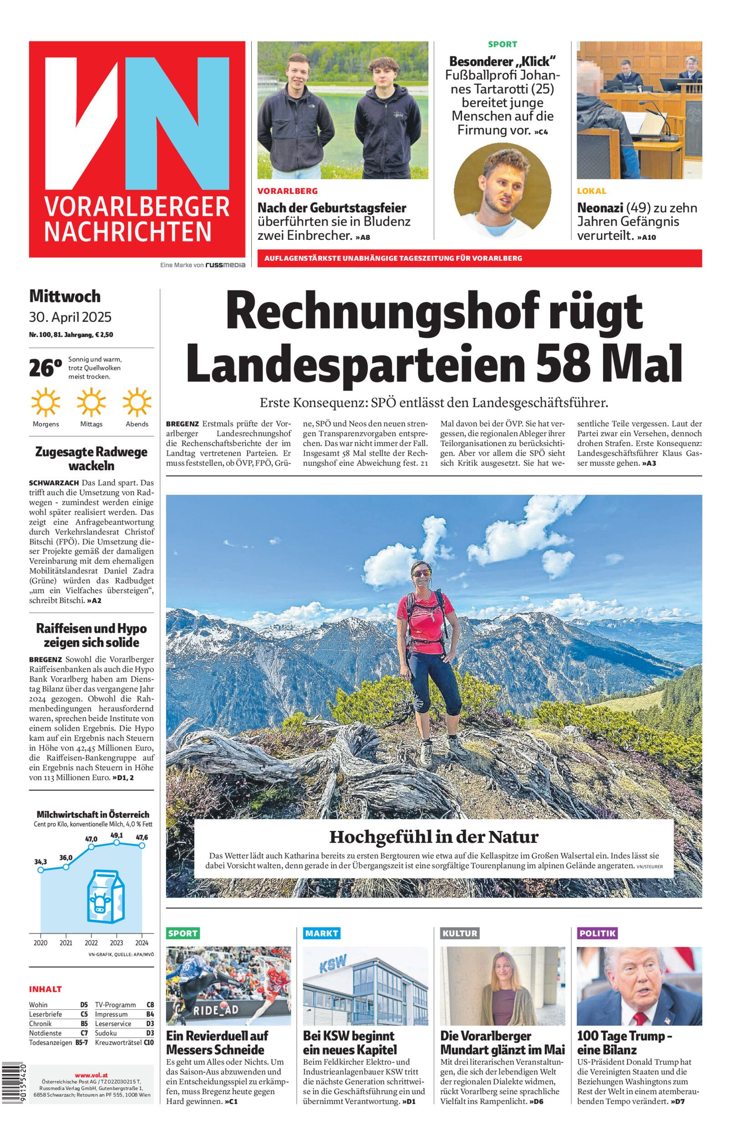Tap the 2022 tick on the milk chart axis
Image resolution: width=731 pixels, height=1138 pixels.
[x=91, y=942]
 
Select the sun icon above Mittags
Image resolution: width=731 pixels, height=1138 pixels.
[x=91, y=402]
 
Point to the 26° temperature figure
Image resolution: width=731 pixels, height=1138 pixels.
[x=45, y=368]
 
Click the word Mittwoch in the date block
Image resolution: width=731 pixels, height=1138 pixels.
[x=65, y=296]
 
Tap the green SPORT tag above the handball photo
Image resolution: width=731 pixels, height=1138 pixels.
[x=183, y=933]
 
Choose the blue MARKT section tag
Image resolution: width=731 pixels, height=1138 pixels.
[x=321, y=933]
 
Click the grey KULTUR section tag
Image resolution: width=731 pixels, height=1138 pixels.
[x=459, y=933]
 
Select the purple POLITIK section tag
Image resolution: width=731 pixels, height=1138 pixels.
[x=597, y=933]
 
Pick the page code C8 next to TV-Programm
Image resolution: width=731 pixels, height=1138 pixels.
[x=150, y=1005]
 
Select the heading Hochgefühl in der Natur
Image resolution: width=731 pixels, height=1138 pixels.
[x=433, y=837]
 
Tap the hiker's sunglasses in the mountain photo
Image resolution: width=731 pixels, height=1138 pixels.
[x=419, y=573]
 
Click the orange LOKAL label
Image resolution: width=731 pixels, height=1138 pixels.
[x=591, y=191]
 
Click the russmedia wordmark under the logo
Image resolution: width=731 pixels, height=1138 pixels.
[x=225, y=265]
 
